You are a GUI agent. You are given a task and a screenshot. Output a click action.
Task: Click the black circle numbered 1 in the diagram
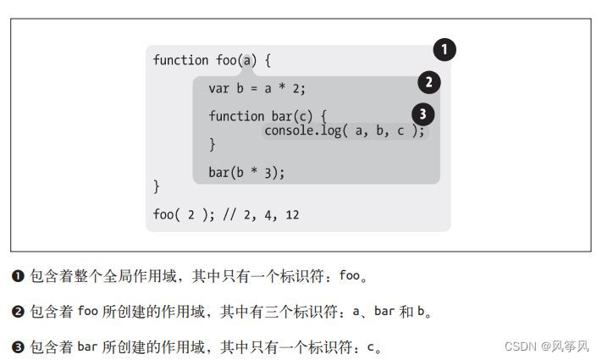[445, 50]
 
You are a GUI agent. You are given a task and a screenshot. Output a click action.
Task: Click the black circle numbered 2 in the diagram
[429, 82]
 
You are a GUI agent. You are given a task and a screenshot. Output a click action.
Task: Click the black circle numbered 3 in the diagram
[423, 114]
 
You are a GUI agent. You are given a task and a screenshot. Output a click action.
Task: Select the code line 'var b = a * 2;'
[257, 88]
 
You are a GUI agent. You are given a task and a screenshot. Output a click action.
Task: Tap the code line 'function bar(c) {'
[268, 116]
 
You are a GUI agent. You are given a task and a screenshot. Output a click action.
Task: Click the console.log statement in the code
[344, 130]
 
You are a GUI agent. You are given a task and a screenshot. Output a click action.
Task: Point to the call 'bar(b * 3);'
[246, 172]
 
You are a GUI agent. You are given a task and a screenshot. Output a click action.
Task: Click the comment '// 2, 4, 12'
[260, 214]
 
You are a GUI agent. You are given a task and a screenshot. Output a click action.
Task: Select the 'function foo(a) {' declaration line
[212, 60]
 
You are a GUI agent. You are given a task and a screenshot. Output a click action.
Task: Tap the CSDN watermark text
[546, 346]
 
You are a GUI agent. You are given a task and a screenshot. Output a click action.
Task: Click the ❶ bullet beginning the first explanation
[18, 276]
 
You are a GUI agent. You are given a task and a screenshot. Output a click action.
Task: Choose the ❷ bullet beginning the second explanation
[18, 312]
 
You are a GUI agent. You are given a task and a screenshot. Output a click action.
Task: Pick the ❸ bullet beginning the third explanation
[18, 347]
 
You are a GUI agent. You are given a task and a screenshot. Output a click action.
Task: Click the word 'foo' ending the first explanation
[350, 276]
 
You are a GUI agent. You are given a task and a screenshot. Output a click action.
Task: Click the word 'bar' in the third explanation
[88, 347]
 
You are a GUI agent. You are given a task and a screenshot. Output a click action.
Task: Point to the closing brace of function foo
[157, 186]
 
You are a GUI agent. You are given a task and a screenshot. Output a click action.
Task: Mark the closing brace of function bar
[213, 144]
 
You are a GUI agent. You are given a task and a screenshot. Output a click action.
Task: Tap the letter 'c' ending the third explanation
[371, 347]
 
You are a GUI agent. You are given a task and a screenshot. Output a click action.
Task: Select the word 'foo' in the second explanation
[88, 312]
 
